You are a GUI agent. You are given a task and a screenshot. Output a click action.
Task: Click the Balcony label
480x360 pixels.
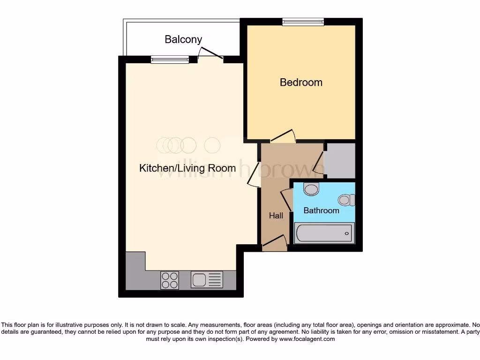(x=183, y=39)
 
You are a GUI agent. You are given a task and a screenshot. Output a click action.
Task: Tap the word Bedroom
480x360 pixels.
(x=301, y=82)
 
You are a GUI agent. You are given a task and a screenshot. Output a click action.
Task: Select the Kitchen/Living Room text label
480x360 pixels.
(x=187, y=168)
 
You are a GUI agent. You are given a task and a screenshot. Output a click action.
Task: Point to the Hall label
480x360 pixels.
(x=276, y=216)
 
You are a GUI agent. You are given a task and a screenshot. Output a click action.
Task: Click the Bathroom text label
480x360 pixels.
(x=321, y=210)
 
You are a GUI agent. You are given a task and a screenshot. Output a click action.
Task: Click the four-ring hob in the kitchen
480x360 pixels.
(x=170, y=280)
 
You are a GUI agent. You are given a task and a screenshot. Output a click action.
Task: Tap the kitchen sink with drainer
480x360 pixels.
(x=207, y=280)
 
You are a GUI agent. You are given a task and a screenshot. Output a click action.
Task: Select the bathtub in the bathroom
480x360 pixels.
(x=324, y=233)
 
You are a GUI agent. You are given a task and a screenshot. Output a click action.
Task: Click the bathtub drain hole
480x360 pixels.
(x=347, y=233)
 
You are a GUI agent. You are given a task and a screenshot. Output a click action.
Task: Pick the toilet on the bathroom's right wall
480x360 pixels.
(x=347, y=200)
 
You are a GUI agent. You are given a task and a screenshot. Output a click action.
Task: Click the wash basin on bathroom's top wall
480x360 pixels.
(x=311, y=188)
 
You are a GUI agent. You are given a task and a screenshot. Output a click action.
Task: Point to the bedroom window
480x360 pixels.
(x=303, y=22)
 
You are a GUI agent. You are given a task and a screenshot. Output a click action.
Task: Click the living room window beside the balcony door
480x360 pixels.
(x=170, y=60)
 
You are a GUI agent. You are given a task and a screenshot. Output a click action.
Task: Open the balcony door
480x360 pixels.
(x=210, y=53)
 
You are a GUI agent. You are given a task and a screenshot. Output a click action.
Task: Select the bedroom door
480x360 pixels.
(x=283, y=136)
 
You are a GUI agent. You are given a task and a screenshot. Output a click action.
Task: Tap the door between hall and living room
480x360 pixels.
(x=254, y=175)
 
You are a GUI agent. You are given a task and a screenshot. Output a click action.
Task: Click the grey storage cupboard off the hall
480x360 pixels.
(x=340, y=161)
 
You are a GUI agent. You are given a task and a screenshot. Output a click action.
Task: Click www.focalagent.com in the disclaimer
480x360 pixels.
(x=307, y=339)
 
